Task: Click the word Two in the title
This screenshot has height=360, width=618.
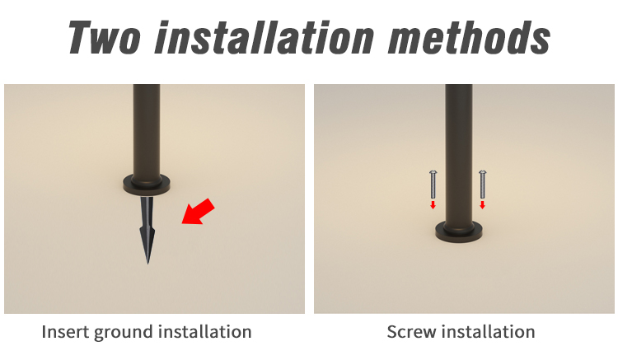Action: tap(105, 37)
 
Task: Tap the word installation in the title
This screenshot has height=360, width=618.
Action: tap(264, 37)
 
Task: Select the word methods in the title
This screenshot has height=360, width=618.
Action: tap(469, 37)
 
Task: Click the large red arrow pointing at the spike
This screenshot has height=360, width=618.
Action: tap(198, 212)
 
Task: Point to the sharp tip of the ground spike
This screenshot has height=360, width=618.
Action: tap(147, 264)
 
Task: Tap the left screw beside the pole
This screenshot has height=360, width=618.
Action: tap(433, 185)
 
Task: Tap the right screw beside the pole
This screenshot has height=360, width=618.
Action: tap(482, 185)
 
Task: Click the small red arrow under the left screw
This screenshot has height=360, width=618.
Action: tap(433, 205)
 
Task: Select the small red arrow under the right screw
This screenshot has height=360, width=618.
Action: tap(482, 205)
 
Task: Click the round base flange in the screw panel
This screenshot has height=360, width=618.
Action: tap(459, 231)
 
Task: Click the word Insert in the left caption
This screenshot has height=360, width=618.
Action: tap(64, 332)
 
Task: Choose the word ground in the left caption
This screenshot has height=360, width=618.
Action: tap(124, 333)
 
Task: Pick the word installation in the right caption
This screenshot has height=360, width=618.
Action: tap(489, 332)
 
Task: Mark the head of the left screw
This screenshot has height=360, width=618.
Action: tap(433, 172)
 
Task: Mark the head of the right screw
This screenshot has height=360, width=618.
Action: tap(482, 172)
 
